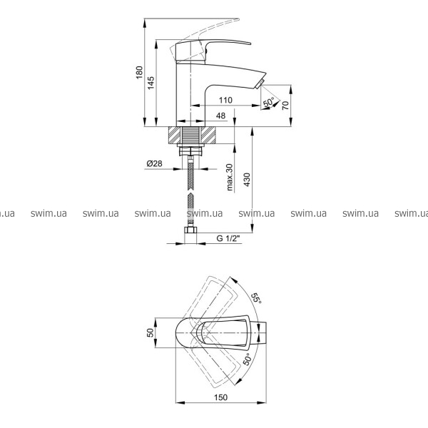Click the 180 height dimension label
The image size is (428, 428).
(139, 72)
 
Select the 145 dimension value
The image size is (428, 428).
(151, 83)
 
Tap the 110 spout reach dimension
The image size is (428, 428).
(225, 100)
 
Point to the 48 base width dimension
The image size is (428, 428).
(220, 116)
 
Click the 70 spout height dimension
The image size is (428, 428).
(285, 105)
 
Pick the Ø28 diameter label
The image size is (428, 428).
(154, 163)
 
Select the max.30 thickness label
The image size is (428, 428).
(230, 177)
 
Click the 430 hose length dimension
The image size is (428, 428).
(247, 180)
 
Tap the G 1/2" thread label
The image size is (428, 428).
(228, 238)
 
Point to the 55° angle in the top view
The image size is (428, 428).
(256, 297)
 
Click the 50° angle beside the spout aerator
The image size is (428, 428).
(269, 102)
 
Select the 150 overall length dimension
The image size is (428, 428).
(220, 397)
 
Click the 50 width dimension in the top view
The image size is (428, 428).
(151, 332)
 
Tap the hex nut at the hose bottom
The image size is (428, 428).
(190, 230)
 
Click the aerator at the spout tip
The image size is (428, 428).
(260, 83)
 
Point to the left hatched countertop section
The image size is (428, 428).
(175, 135)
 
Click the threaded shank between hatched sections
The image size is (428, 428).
(190, 135)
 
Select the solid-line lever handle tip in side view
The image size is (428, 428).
(247, 43)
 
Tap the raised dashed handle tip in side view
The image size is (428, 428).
(236, 20)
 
